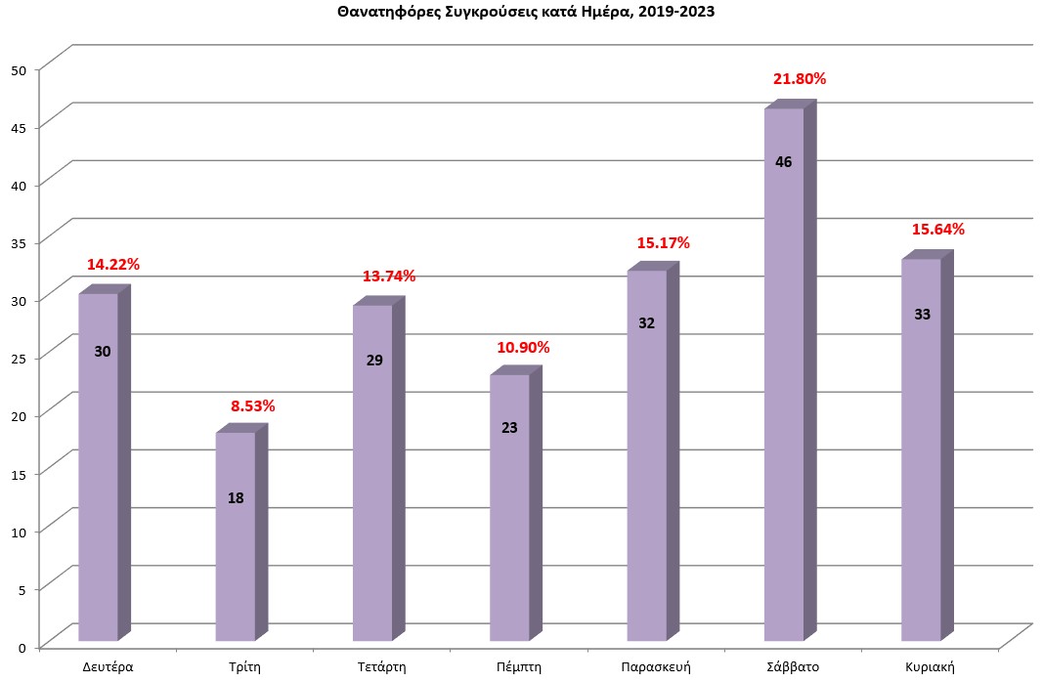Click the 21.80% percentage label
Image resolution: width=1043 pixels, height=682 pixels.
click(x=799, y=79)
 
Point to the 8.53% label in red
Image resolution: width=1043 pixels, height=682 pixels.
click(x=252, y=405)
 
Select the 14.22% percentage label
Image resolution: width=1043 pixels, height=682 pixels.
click(x=113, y=264)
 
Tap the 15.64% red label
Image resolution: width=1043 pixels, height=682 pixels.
click(x=937, y=230)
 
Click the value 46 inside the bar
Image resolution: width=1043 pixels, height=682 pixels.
click(x=783, y=162)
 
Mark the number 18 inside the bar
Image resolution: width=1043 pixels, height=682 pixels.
click(x=236, y=498)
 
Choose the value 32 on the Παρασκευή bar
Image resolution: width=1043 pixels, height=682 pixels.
click(x=646, y=323)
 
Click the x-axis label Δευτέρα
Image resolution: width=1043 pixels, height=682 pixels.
click(x=108, y=667)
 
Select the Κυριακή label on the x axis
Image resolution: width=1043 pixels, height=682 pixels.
click(x=929, y=667)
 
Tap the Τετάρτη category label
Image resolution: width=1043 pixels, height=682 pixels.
click(x=381, y=667)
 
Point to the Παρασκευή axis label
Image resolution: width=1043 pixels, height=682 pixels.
click(x=656, y=667)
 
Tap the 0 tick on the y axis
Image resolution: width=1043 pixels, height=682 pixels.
click(x=22, y=646)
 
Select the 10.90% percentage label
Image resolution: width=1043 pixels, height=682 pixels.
click(x=524, y=348)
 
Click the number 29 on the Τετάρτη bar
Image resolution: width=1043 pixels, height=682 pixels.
click(x=372, y=360)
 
